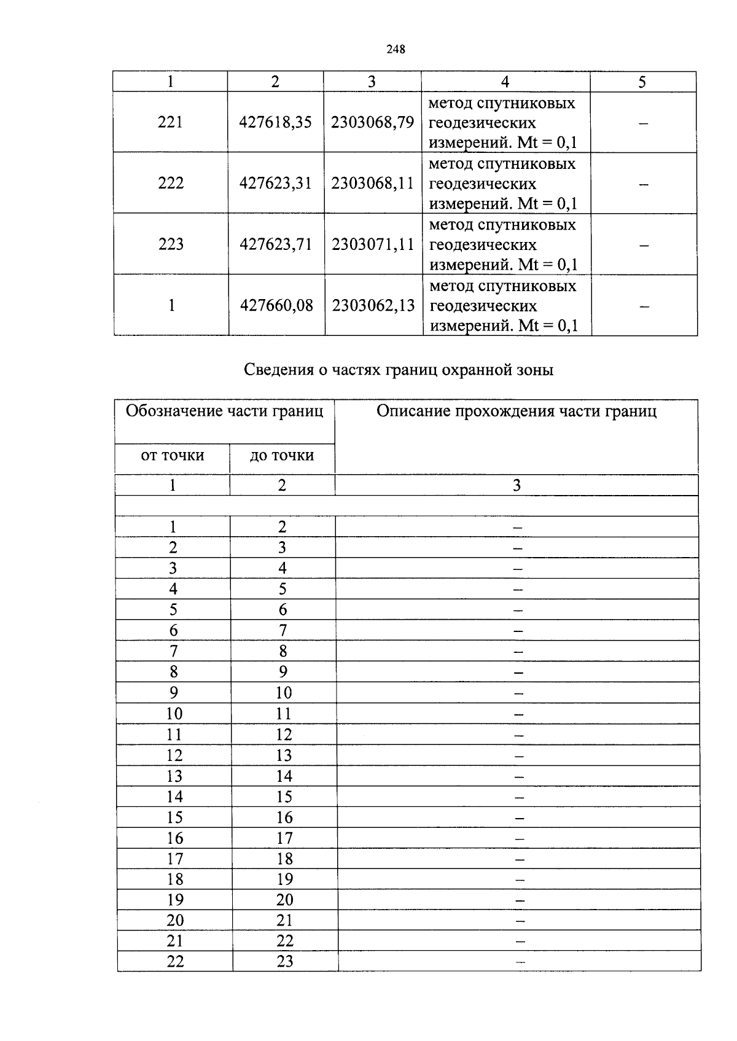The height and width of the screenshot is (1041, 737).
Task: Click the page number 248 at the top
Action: [x=396, y=50]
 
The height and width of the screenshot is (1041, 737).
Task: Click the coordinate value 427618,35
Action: [x=276, y=122]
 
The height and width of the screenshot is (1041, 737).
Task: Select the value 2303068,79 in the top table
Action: [x=372, y=122]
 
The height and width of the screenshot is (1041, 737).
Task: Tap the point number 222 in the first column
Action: [x=171, y=183]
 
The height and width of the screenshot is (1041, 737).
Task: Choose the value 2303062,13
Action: [x=373, y=305]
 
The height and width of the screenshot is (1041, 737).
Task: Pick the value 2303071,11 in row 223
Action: [x=373, y=244]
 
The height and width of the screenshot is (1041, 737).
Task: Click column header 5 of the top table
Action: [x=642, y=82]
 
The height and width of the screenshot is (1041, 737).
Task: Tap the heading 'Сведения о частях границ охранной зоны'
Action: [x=399, y=370]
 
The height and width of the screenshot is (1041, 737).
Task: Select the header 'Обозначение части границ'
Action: [x=224, y=411]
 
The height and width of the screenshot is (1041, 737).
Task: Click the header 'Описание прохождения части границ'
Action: [x=517, y=411]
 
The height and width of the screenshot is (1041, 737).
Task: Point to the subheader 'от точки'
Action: [x=173, y=456]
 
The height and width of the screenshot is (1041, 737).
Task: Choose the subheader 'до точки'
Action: [x=282, y=456]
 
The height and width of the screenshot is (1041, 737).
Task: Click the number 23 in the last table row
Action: [x=285, y=961]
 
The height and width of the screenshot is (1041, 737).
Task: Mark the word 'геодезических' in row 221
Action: [x=483, y=123]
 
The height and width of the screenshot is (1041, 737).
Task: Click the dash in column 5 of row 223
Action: [x=644, y=246]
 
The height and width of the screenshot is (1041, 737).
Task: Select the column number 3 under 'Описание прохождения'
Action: [x=517, y=485]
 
